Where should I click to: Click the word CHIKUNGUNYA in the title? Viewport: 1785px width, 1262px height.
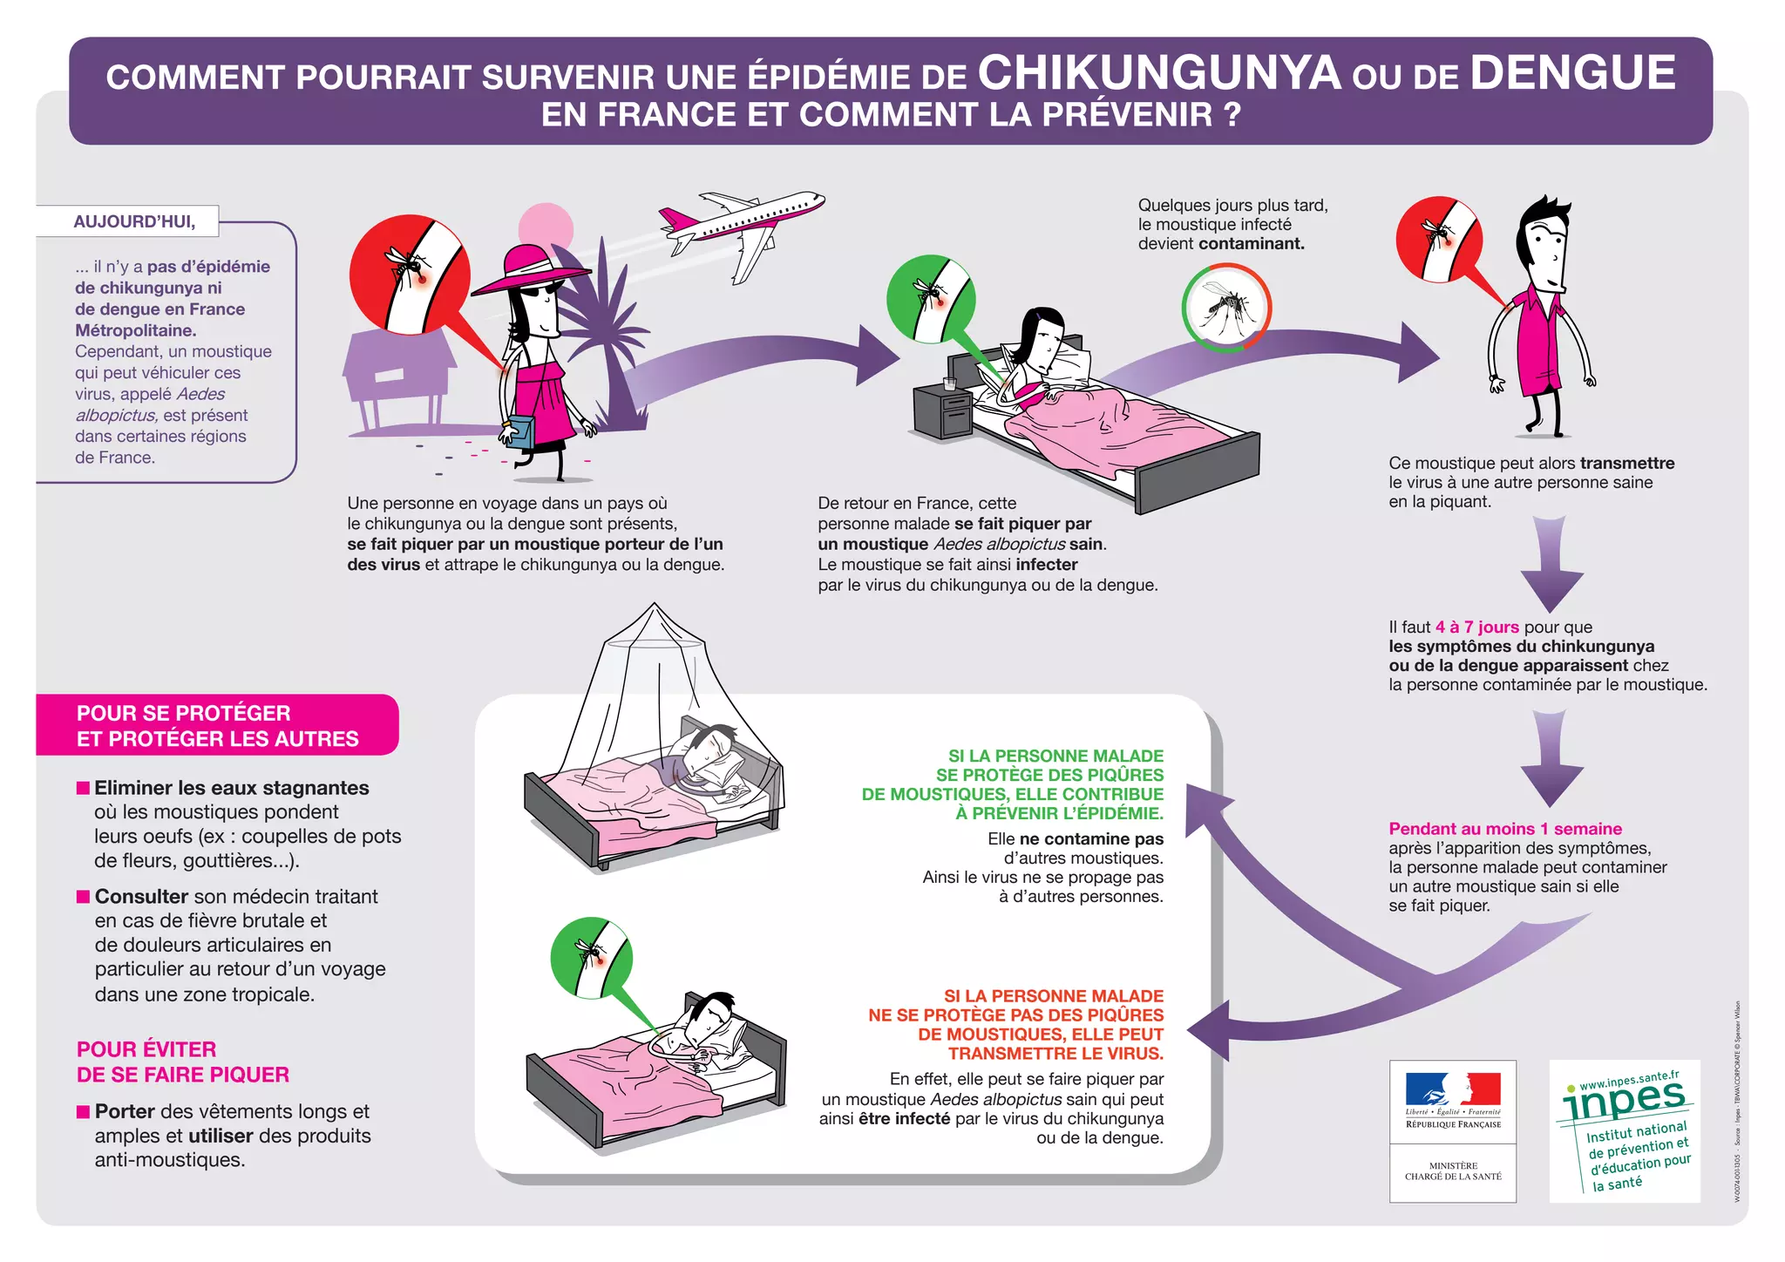[1158, 73]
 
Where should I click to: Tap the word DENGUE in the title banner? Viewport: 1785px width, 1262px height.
[1572, 73]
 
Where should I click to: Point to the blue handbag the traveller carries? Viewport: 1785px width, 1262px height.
[520, 431]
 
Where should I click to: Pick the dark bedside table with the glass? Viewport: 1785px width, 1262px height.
[943, 412]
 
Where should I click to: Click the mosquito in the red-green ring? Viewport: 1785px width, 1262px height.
[1226, 308]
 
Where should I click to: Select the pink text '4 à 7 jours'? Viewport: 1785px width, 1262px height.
[1476, 628]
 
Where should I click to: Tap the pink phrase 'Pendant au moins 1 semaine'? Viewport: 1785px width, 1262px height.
[1505, 829]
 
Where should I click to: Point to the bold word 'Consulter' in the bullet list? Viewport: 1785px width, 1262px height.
[141, 897]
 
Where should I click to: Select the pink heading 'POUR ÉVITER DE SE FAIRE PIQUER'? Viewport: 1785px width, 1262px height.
[183, 1062]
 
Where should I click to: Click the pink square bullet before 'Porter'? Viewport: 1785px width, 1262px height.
[84, 1111]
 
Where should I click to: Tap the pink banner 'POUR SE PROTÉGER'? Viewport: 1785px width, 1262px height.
[217, 725]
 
